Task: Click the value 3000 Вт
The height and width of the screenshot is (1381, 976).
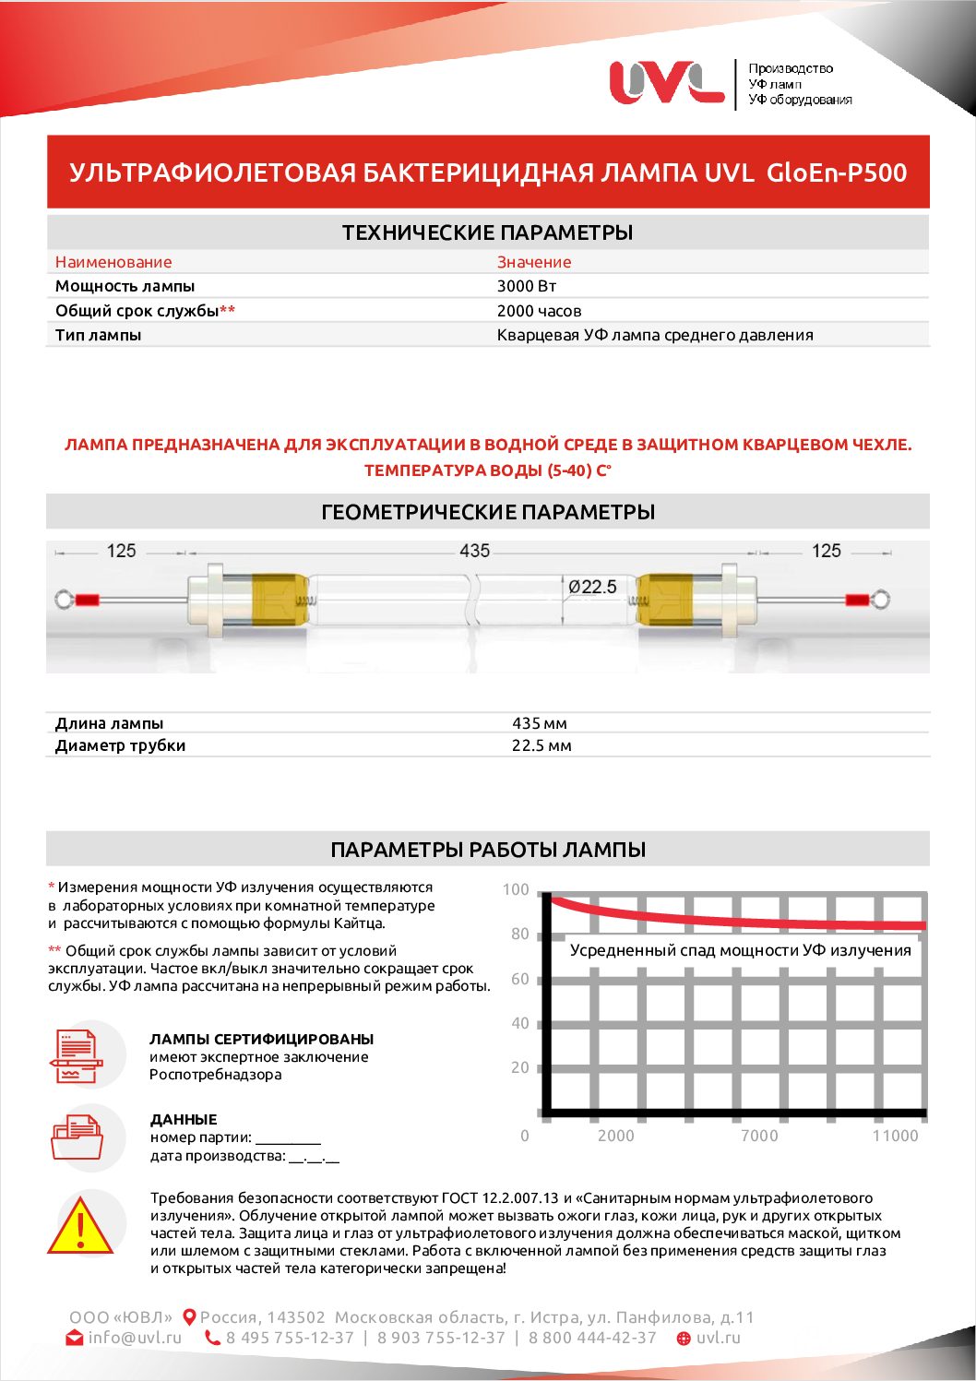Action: tap(526, 286)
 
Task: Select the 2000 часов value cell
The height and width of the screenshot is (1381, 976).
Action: tap(539, 311)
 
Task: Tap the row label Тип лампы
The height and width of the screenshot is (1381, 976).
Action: tap(98, 335)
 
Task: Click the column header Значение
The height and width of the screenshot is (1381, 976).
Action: tap(534, 262)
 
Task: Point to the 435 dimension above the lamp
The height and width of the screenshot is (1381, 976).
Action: tap(474, 551)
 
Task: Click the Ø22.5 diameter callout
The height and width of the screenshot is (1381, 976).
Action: tap(592, 587)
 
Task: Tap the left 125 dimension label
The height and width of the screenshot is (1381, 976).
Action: tap(121, 551)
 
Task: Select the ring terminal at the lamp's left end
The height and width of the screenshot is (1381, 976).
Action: tap(64, 600)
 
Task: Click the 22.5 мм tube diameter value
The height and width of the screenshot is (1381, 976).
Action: tap(542, 745)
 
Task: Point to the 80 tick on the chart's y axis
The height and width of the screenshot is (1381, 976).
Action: tap(520, 935)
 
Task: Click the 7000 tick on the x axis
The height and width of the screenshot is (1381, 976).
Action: tap(759, 1136)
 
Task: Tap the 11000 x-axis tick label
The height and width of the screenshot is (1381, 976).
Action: tap(895, 1136)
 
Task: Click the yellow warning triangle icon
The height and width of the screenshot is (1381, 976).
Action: tap(81, 1228)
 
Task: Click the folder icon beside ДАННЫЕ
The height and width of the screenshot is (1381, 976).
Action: tap(77, 1137)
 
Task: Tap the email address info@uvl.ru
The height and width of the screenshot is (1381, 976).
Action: tap(135, 1338)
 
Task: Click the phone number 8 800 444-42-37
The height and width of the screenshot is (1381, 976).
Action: tap(592, 1338)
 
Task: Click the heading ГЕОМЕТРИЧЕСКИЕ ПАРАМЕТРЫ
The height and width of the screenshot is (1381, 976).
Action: tap(488, 512)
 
